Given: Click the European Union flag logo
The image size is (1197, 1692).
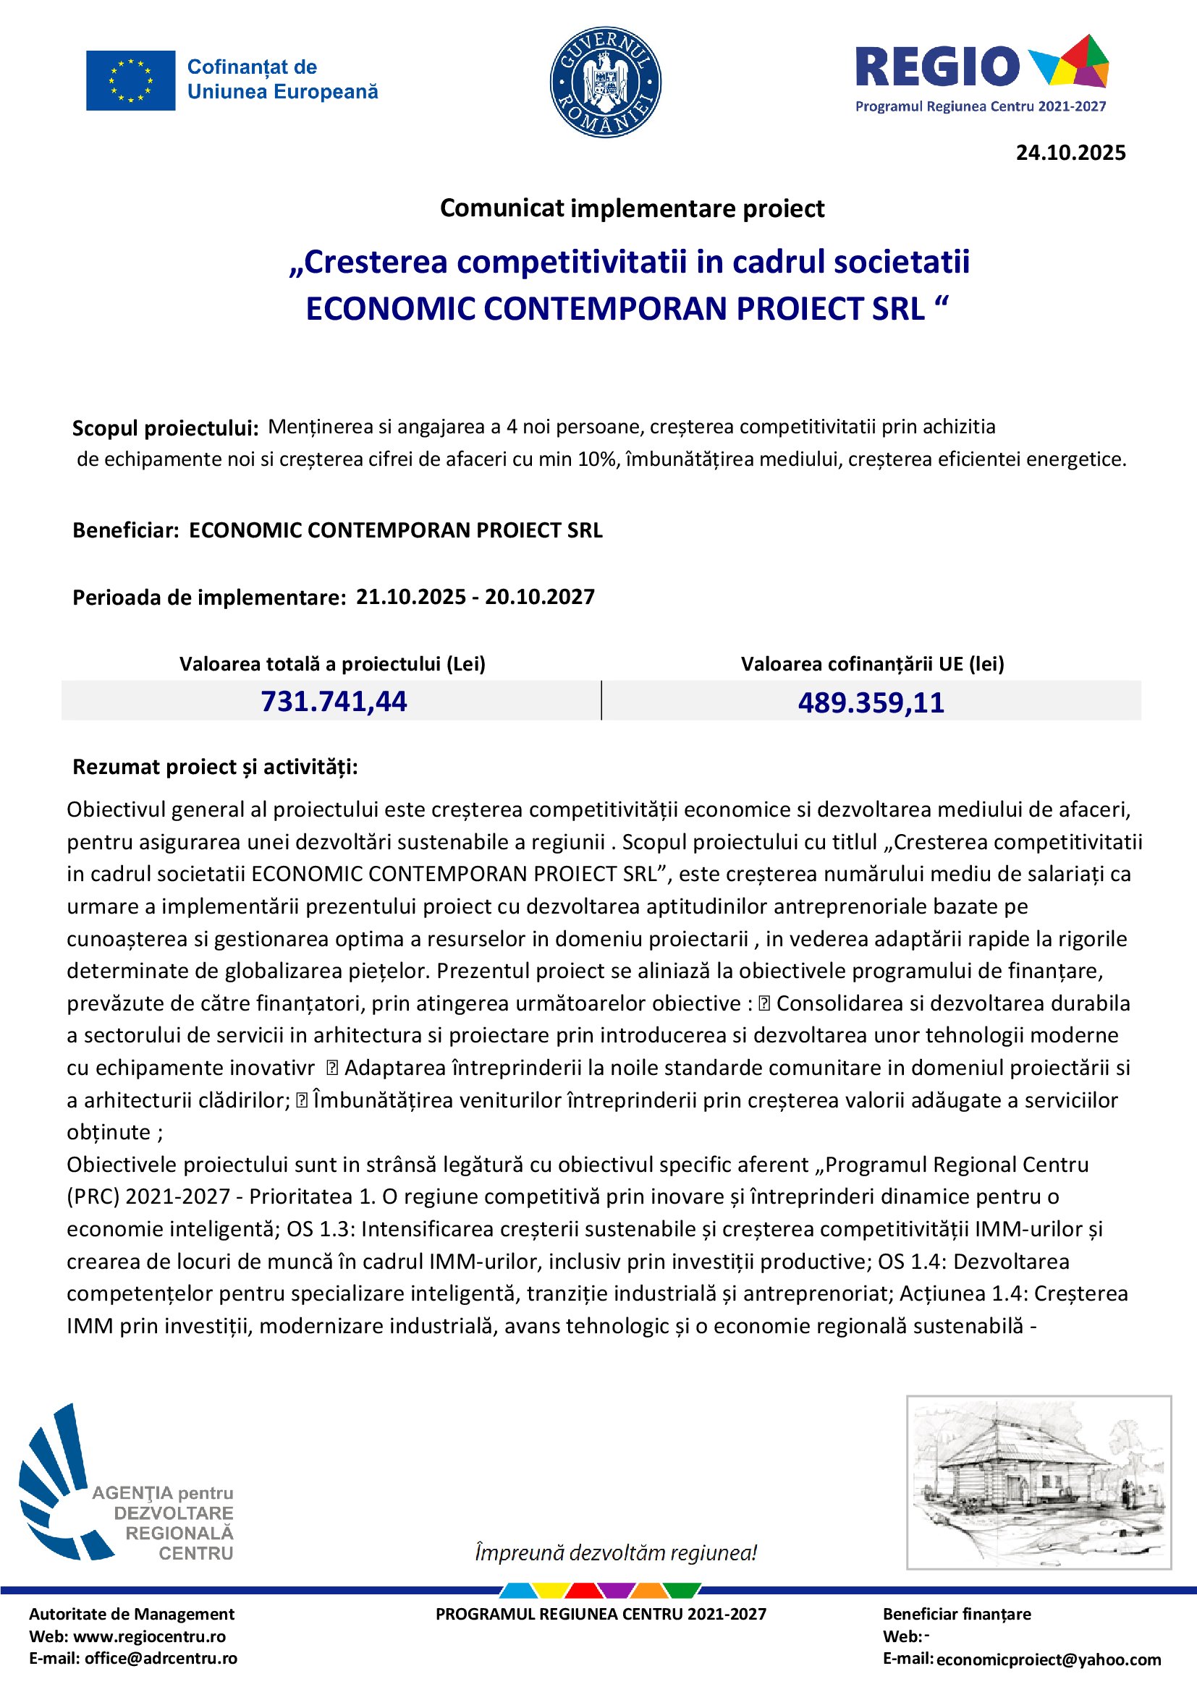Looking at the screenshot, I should coord(130,80).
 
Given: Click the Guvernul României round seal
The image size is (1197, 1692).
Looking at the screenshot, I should coord(605,82).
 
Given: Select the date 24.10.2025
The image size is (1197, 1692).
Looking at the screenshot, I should coord(1070,153).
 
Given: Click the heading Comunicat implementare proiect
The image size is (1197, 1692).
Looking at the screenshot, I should coord(632,208).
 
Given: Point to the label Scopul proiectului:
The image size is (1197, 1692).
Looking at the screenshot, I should coord(165,428).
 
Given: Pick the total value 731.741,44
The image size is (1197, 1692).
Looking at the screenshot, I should coord(333,702).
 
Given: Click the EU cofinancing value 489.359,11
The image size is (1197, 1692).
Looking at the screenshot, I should coord(871,703).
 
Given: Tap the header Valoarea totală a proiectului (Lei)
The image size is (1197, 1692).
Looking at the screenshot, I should coord(332,664).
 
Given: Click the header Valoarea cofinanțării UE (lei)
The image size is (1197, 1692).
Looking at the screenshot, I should coord(872,664).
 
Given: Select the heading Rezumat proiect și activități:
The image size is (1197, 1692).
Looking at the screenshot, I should coord(214,767).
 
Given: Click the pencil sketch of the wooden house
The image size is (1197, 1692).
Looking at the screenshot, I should coord(1038,1481).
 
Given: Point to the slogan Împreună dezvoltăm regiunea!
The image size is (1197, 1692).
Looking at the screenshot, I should coord(615,1553).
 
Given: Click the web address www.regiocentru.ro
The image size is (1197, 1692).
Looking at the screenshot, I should coord(150,1637).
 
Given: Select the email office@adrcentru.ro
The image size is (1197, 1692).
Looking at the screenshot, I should coord(161,1659).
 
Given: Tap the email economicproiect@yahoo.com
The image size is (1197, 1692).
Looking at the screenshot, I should coord(1048,1659).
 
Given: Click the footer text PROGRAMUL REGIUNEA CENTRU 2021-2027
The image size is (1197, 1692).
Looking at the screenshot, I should coord(601,1615).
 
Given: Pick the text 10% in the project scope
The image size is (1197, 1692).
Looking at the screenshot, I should coord(598,460).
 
